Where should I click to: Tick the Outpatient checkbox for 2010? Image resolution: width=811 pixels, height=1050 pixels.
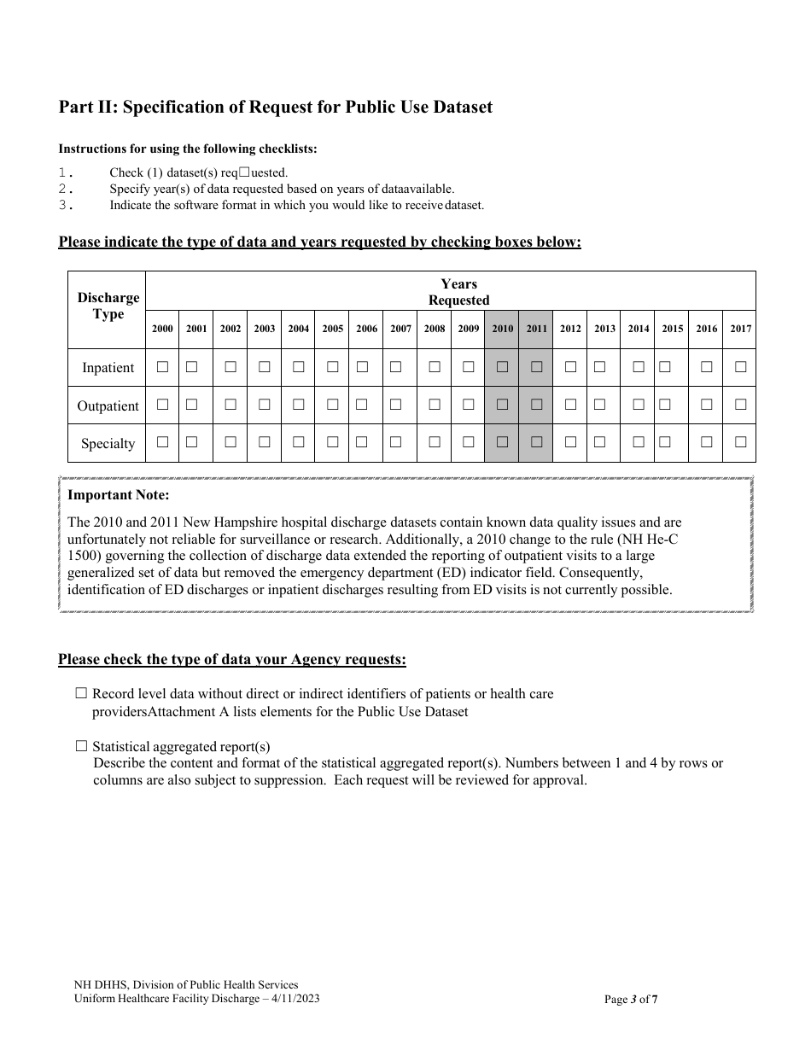tap(502, 405)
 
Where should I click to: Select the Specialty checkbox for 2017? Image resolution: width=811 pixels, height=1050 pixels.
tap(740, 442)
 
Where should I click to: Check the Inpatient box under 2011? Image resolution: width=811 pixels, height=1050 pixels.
tap(536, 367)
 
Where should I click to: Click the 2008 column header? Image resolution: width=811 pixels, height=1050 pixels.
tap(435, 329)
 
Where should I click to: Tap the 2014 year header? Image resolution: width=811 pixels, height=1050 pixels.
tap(639, 329)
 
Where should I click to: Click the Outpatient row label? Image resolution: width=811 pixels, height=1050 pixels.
tap(108, 406)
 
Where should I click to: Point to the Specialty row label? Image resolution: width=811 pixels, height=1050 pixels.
tap(108, 444)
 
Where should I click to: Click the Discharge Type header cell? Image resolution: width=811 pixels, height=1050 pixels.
tap(108, 306)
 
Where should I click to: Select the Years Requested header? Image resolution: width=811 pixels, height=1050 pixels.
tap(458, 292)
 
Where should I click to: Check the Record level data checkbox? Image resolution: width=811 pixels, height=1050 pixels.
tap(82, 694)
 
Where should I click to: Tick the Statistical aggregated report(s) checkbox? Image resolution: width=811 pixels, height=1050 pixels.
tap(82, 746)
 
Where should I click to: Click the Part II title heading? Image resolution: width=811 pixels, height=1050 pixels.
tap(275, 108)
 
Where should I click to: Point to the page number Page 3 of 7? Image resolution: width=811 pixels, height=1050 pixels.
tap(631, 999)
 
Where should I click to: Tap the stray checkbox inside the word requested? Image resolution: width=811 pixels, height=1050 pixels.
tap(244, 172)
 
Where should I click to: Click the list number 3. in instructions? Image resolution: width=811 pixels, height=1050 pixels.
tap(67, 205)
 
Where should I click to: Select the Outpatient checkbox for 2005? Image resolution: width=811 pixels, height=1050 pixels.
tap(332, 405)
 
